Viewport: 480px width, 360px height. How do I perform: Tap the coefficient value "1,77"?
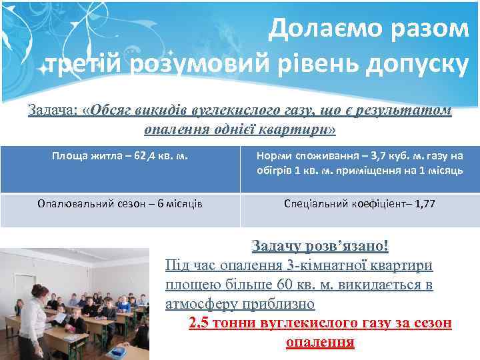425,204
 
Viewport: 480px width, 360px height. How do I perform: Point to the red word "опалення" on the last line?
320,343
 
